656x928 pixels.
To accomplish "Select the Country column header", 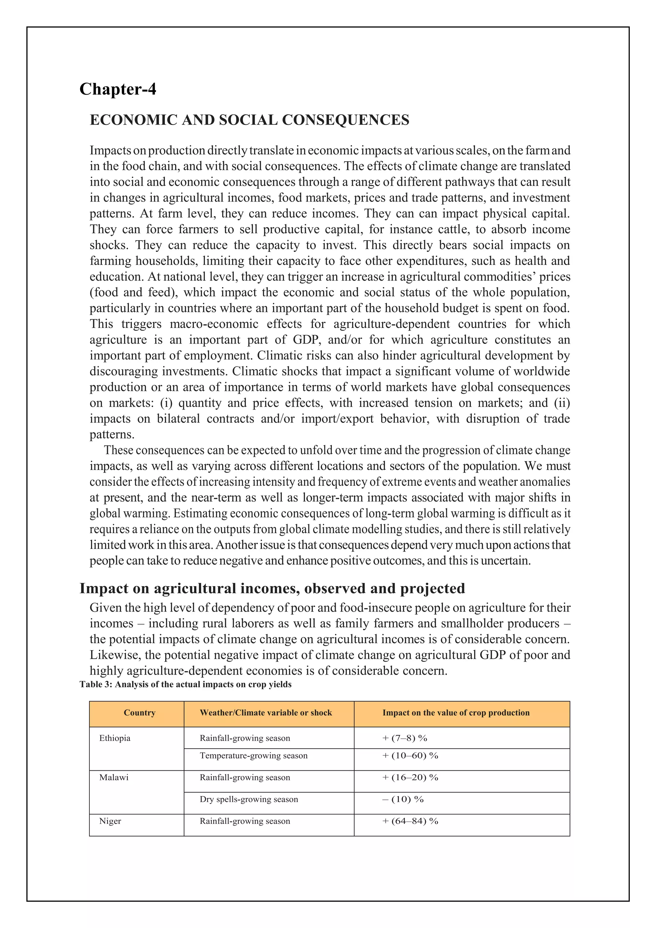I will coord(139,713).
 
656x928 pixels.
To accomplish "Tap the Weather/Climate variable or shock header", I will coord(266,713).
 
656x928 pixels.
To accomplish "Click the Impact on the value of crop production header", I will coord(456,713).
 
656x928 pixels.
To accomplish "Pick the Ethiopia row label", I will coord(115,738).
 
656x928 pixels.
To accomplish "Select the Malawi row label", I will coord(114,777).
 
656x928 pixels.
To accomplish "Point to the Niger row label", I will coord(110,821).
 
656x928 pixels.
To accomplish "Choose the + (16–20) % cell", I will coord(410,777).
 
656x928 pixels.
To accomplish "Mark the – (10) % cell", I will coord(403,799).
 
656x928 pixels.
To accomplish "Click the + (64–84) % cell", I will coord(410,821).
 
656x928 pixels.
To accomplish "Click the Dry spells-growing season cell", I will coord(249,799).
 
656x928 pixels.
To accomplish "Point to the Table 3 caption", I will coord(185,684).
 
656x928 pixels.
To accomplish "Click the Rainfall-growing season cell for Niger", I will coord(245,821).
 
